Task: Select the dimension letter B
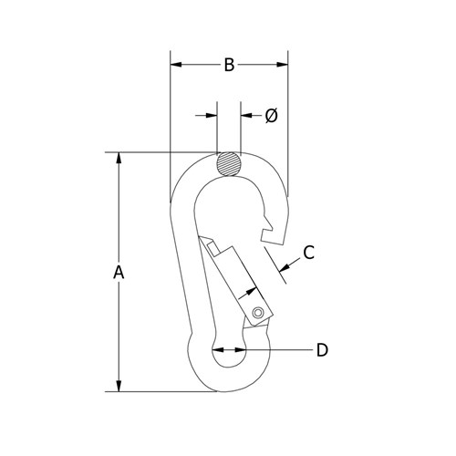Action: (x=230, y=65)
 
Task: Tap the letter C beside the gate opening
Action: (x=308, y=253)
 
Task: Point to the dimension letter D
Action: (x=321, y=349)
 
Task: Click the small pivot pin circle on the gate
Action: (x=259, y=314)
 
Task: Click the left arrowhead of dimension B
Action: (x=176, y=65)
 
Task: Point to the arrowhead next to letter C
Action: (x=285, y=268)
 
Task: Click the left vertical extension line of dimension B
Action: (x=170, y=128)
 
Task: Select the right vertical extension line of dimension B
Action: (x=289, y=128)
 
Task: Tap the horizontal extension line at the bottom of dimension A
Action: (x=164, y=392)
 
